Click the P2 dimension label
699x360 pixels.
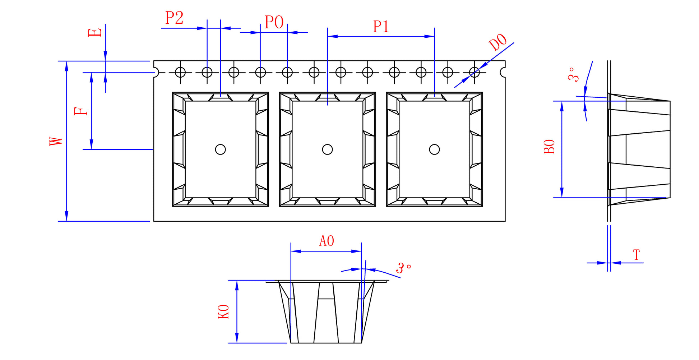174,18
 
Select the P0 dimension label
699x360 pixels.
274,22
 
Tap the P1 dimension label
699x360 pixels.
381,27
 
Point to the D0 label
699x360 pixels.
498,42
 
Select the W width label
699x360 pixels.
56,141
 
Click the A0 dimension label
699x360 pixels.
327,241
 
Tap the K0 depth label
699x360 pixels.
223,311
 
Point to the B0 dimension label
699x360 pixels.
549,147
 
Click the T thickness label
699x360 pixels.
636,255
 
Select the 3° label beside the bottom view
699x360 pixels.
404,268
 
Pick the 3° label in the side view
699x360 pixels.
574,74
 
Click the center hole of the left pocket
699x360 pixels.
220,149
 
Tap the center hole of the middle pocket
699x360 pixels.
327,149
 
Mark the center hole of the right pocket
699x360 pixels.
434,149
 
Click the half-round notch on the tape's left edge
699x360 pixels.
156,72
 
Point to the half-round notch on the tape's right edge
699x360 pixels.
503,72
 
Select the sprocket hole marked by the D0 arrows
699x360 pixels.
475,72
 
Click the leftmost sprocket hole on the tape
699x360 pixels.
180,72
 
